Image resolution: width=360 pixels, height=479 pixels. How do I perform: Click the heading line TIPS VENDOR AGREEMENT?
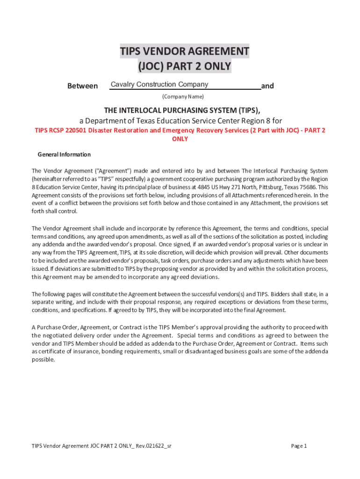tap(184, 51)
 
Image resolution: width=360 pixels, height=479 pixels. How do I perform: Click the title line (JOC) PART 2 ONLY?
tap(184, 66)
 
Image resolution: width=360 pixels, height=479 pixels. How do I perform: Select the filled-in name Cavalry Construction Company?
tap(159, 85)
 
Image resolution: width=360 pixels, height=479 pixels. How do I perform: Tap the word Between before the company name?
tap(83, 86)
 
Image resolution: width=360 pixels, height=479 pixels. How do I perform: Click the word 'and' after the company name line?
tap(267, 86)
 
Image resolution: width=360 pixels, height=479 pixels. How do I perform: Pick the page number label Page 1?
tap(299, 446)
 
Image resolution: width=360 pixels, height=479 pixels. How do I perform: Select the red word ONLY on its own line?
tap(180, 139)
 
